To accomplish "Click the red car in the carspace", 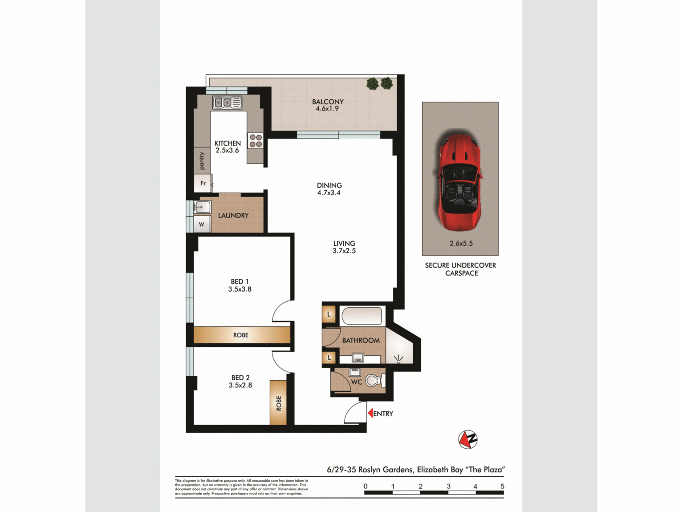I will tap(460, 181).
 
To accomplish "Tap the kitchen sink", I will tap(227, 103).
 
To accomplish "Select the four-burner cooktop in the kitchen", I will tap(256, 141).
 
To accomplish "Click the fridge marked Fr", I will tap(203, 183).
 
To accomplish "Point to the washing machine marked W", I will tap(202, 224).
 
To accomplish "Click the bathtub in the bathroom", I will tap(362, 316).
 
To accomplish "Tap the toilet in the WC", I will tap(373, 381).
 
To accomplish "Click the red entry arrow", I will tap(370, 414).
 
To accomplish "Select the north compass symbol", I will tap(468, 439).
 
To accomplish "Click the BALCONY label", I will tap(328, 102).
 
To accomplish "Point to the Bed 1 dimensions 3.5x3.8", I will tap(240, 289).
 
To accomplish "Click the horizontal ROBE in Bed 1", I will tap(241, 335).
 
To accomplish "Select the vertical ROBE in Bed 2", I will tap(278, 403).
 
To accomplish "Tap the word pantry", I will tap(202, 161).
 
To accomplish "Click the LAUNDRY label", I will tap(233, 215).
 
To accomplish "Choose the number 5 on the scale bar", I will tap(502, 486).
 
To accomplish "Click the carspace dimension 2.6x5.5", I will tap(461, 244).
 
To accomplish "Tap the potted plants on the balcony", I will tap(379, 83).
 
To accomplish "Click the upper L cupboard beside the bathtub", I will tap(329, 314).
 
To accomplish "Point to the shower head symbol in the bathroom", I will tap(398, 358).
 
